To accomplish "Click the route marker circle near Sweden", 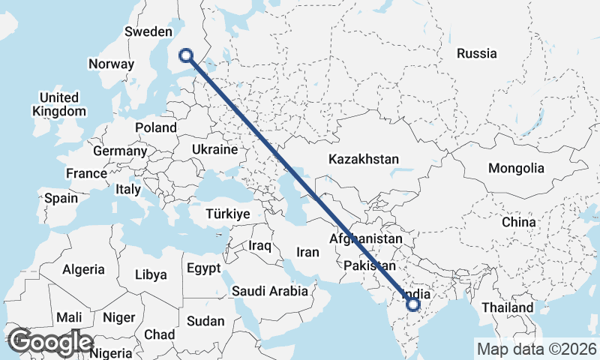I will coord(187,54).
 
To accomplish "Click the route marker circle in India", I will coord(413,304).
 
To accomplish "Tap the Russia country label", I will coord(476,53).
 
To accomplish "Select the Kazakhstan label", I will coord(363,159).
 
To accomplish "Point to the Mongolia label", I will coord(515,168).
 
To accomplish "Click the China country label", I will coord(519,222).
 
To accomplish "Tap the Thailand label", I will coord(507,307).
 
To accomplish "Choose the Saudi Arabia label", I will coord(269,291).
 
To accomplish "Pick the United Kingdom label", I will coord(59,104).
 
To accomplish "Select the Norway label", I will coord(111,64).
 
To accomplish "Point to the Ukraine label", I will coord(214,150).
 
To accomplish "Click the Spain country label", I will coord(61,198).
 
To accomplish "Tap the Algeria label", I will coord(84,269).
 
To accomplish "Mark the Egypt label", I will coord(203,268).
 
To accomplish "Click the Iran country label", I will coord(309,253).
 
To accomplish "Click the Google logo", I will coord(49,342).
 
